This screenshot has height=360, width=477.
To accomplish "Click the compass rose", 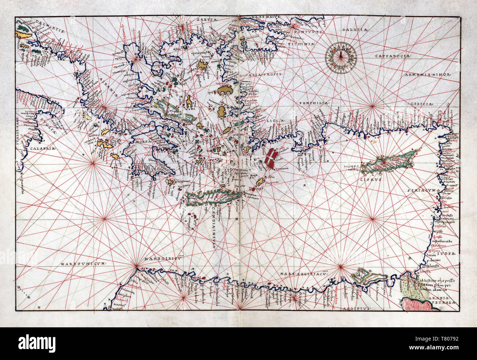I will [342, 55].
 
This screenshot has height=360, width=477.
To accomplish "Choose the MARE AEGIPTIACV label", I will [302, 273].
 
